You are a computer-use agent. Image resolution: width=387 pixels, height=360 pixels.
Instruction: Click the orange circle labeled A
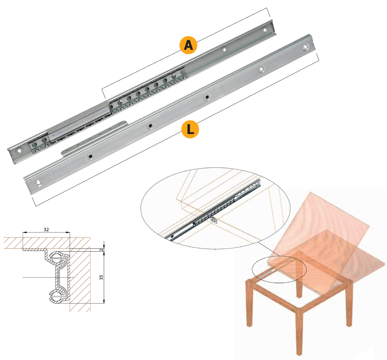point(188,45)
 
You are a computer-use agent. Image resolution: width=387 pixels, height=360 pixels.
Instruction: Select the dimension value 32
point(46,229)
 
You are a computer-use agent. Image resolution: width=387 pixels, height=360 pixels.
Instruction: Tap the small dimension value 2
point(101,250)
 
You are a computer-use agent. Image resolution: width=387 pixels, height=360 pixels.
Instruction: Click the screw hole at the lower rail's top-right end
point(305,47)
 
